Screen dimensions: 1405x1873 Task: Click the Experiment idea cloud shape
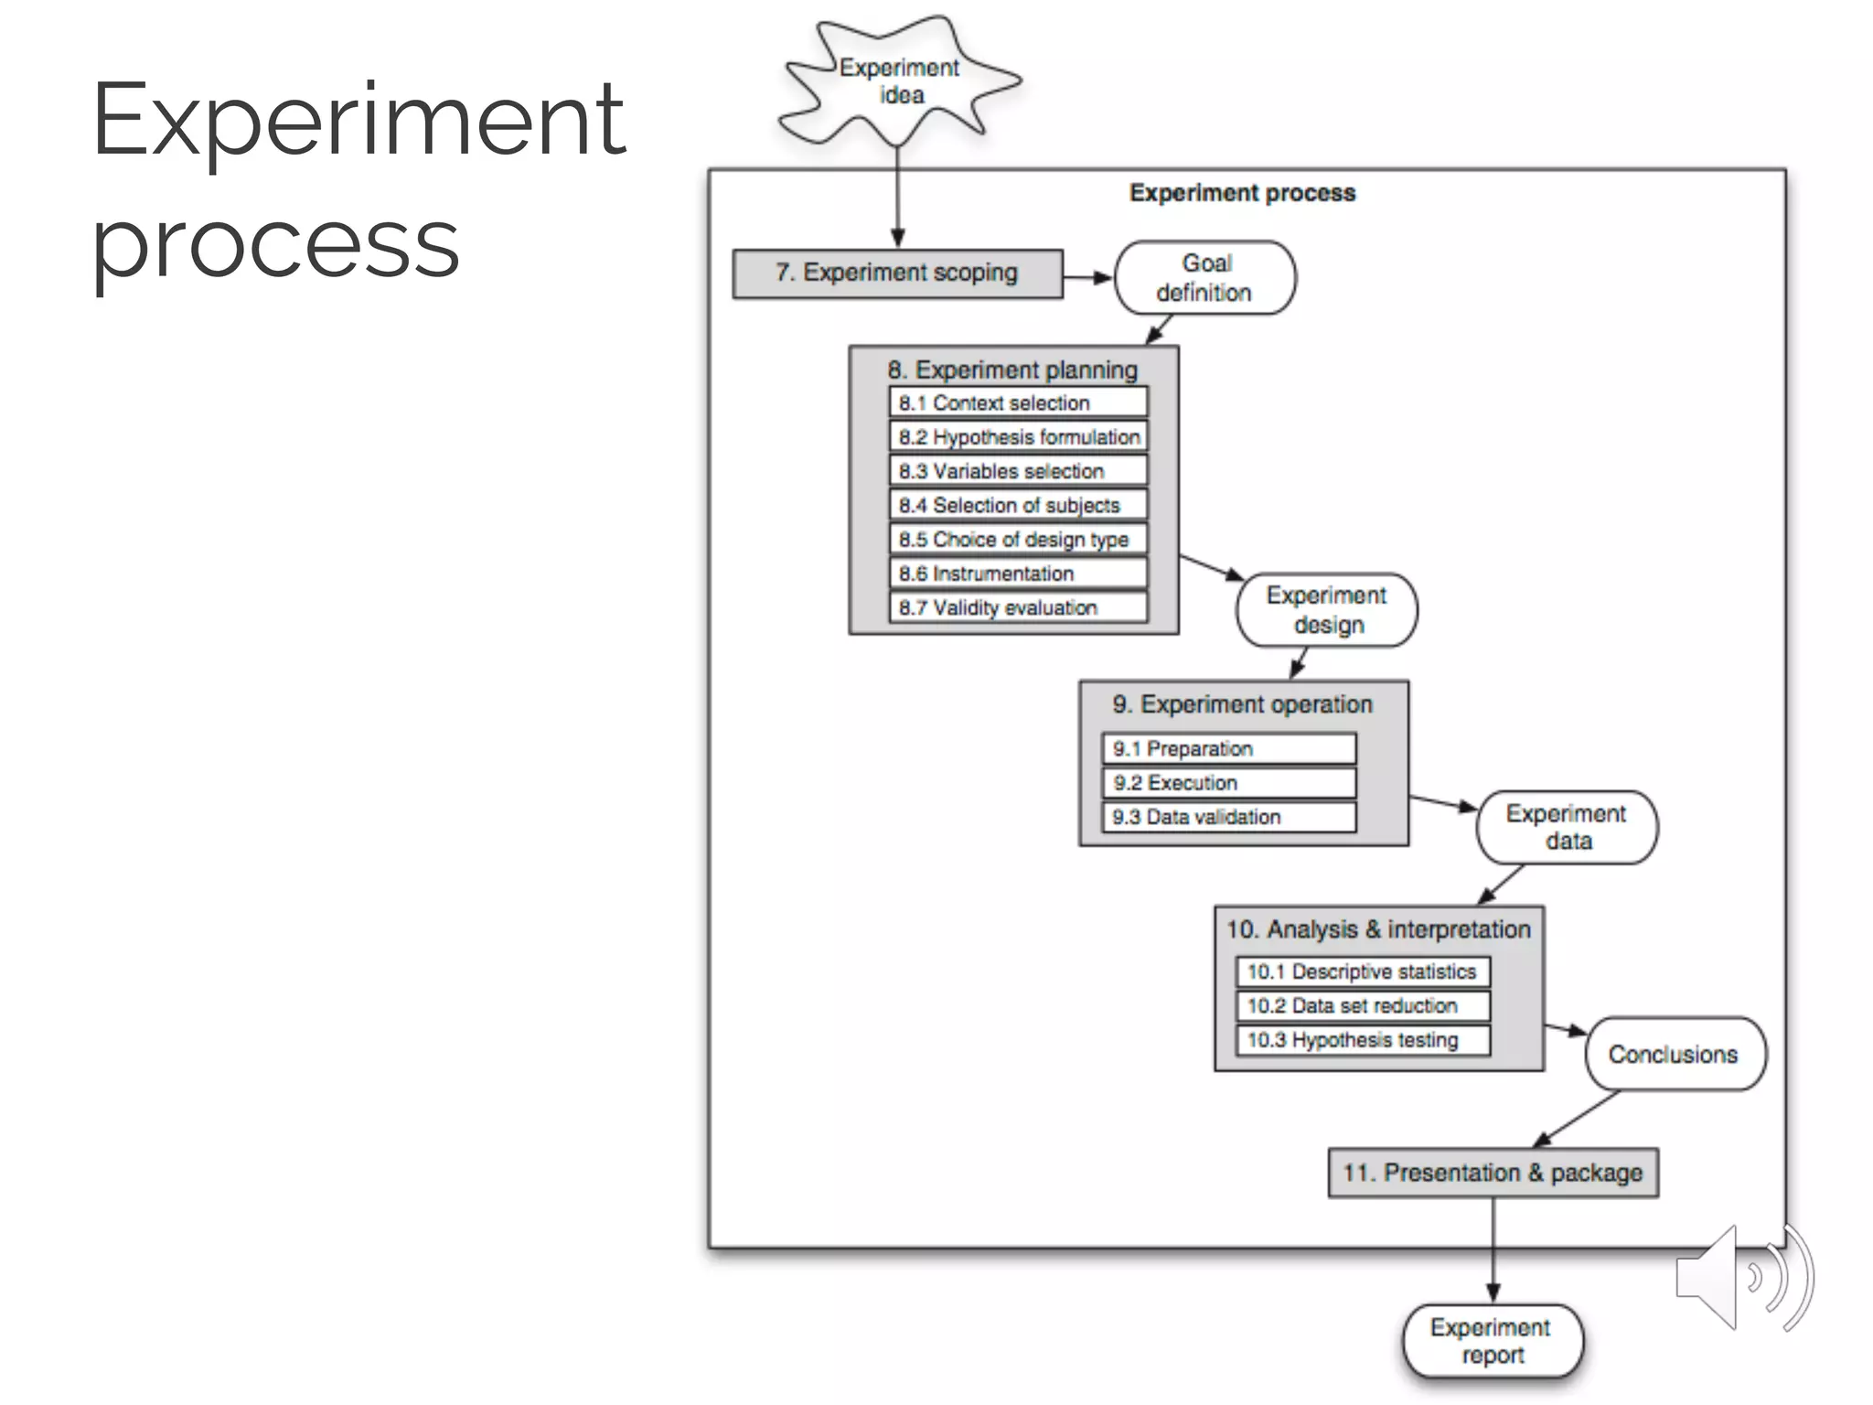coord(900,82)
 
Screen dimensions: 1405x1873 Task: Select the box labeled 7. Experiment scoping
coord(897,273)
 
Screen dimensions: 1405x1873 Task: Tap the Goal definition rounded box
coord(1204,278)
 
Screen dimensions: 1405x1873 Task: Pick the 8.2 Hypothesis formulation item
coord(1018,437)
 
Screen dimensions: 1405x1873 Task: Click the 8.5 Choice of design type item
coord(1018,540)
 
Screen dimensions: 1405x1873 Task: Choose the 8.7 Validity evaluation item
coord(1018,608)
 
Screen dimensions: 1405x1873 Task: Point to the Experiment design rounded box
coord(1326,610)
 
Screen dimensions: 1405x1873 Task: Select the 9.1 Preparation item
coord(1228,749)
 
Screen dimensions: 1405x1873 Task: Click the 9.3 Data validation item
coord(1228,818)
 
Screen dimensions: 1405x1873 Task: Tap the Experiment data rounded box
coord(1566,828)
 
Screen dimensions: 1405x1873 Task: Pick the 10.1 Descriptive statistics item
coord(1363,972)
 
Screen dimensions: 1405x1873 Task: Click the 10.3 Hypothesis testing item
coord(1363,1041)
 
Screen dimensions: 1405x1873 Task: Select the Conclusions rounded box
coord(1675,1055)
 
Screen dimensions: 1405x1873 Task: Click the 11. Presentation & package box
coord(1493,1174)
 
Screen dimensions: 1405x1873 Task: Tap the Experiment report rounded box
coord(1492,1342)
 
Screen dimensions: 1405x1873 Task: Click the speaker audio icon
coord(1742,1278)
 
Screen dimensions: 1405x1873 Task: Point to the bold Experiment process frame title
coord(1242,193)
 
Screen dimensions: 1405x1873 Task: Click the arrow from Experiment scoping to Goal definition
coord(1088,277)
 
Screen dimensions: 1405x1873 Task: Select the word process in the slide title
coord(274,242)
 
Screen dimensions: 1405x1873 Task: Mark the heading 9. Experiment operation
coord(1242,704)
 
